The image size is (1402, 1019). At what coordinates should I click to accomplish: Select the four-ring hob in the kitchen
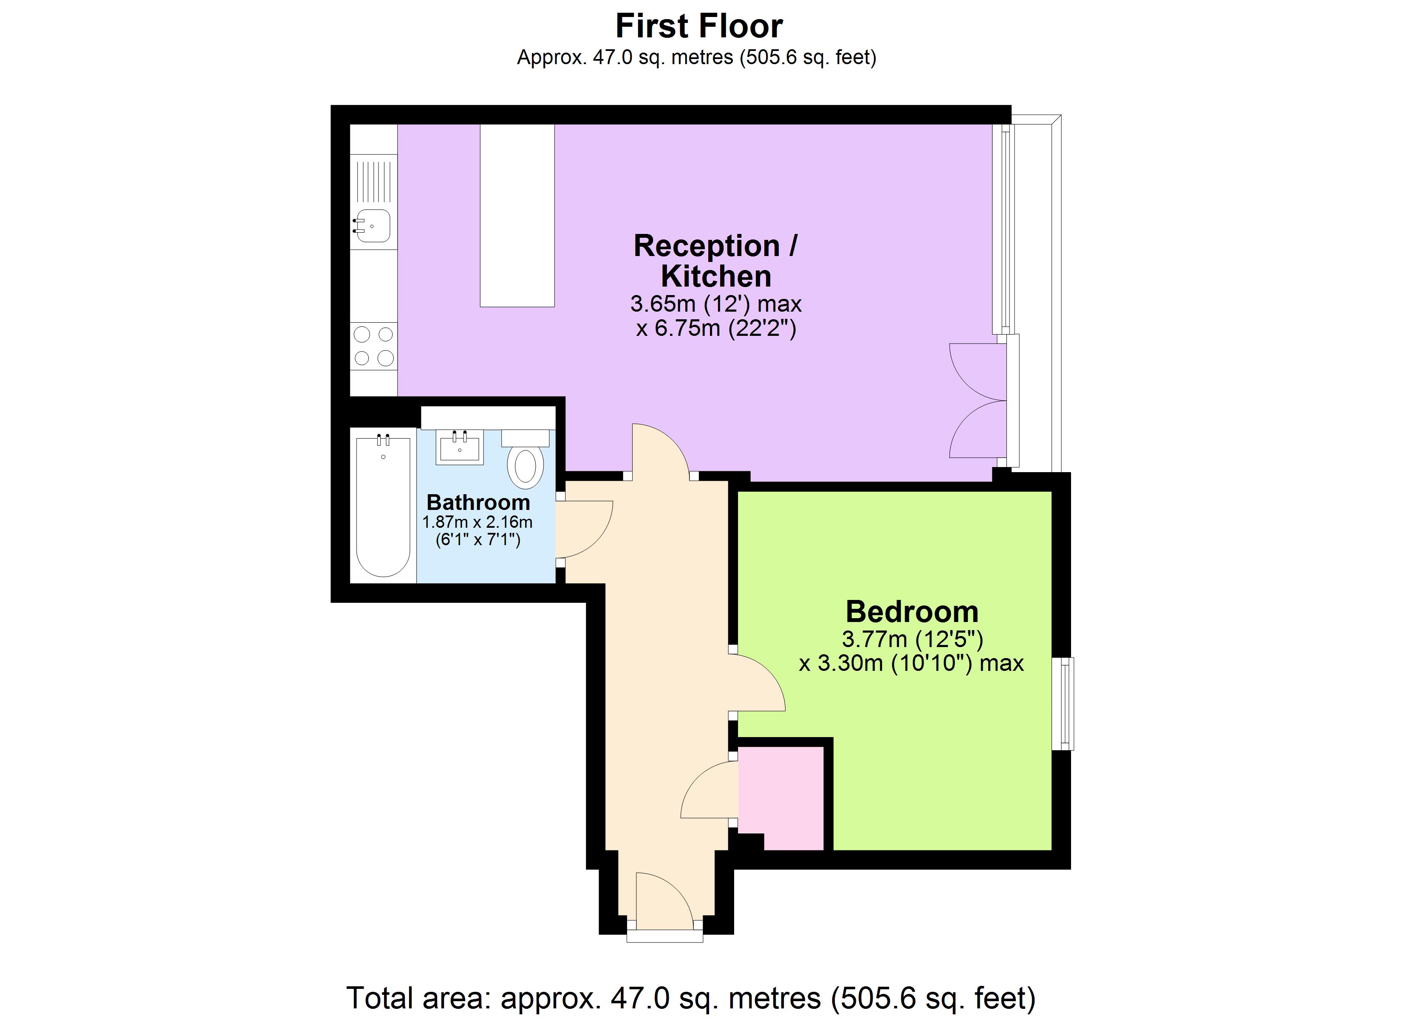click(x=373, y=346)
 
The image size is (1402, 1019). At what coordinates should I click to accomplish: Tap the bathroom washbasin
click(x=459, y=448)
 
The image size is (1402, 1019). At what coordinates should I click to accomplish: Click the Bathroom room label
click(x=478, y=502)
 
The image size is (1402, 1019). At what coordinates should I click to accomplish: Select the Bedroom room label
click(x=911, y=612)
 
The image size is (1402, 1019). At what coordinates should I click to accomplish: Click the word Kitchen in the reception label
click(x=716, y=276)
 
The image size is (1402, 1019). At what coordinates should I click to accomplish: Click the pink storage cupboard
click(x=780, y=797)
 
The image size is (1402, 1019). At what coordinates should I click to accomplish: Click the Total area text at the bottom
click(x=690, y=998)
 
